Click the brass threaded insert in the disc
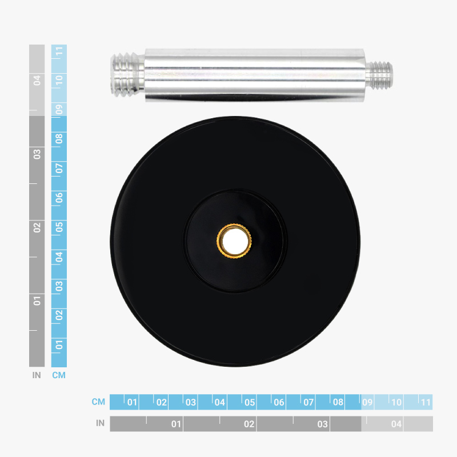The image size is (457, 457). coord(234,240)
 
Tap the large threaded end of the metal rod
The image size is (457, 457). coord(127,75)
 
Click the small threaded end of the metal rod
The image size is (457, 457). coord(379,75)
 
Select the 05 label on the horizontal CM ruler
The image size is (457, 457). coord(250,402)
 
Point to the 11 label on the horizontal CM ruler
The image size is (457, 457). coord(426,402)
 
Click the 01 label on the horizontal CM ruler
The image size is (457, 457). coord(132,402)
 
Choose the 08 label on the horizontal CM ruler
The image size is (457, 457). coord(338,402)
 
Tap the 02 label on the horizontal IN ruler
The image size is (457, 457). coord(249,424)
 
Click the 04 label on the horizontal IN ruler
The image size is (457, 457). coord(396,424)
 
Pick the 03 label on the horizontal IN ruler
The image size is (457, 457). coord(323,424)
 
